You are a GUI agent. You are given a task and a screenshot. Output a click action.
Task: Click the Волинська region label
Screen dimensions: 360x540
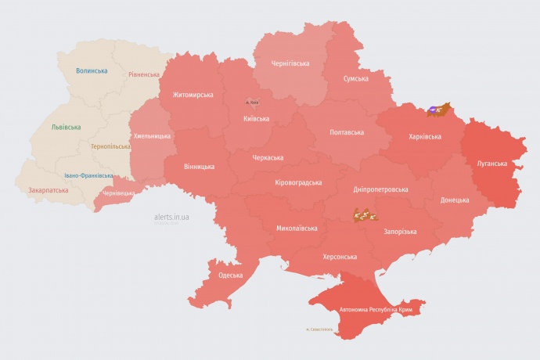pos(92,70)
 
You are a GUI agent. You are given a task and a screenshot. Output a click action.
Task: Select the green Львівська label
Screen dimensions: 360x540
pos(66,127)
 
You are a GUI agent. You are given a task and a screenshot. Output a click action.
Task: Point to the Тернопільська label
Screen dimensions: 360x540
pos(111,146)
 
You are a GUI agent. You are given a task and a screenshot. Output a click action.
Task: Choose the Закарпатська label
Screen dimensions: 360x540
pos(47,190)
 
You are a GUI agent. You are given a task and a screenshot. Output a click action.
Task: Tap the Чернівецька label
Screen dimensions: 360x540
pos(119,193)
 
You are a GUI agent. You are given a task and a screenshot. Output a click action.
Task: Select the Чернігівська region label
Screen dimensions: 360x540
pos(290,63)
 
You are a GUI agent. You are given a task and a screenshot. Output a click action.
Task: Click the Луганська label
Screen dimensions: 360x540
pos(492,164)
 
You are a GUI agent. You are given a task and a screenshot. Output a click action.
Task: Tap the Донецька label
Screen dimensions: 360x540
pos(455,200)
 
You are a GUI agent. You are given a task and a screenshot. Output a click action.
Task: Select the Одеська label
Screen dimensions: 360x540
pos(230,275)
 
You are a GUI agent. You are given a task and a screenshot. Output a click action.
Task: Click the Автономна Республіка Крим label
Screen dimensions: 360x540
pos(376,310)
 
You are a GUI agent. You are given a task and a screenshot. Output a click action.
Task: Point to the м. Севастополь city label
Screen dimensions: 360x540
pos(319,329)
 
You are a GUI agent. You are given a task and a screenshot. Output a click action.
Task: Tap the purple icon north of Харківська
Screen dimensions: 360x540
pos(433,110)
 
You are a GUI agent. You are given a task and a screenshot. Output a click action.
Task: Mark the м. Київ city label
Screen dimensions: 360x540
pos(252,103)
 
